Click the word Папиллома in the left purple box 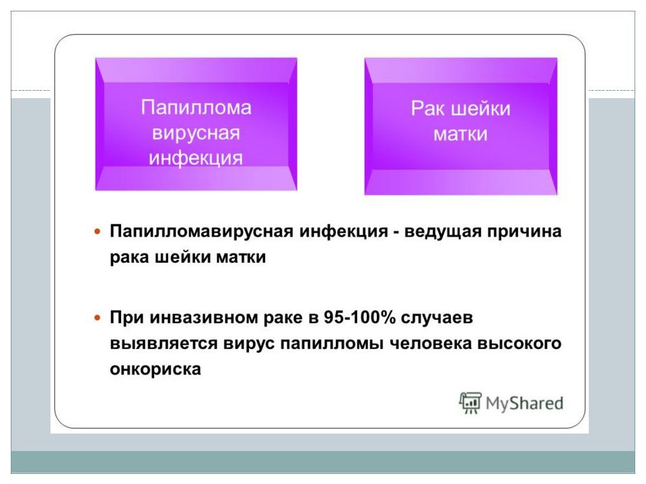[196, 108]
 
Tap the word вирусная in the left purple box [196, 133]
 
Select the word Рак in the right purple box [428, 109]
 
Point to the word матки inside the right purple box [460, 134]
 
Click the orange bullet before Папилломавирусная [98, 232]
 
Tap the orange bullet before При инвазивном [98, 318]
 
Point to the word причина [524, 232]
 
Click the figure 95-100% [359, 317]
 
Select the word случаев [437, 318]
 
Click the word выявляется [164, 344]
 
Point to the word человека [430, 344]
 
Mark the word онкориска [155, 369]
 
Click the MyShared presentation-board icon [470, 403]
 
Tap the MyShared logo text [524, 403]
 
